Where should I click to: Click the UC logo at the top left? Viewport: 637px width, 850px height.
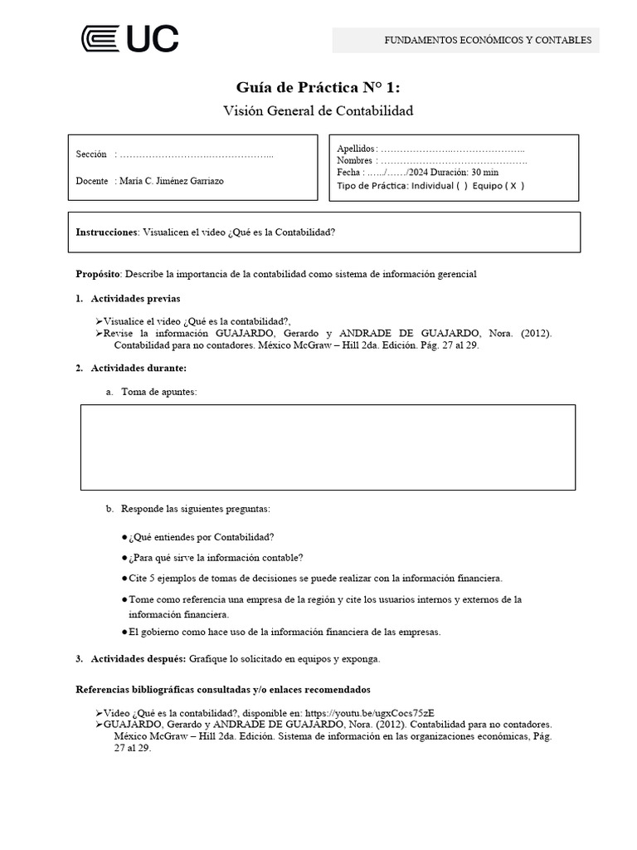pyautogui.click(x=129, y=39)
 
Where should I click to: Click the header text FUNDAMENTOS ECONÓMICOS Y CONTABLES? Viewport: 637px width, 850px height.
pyautogui.click(x=487, y=40)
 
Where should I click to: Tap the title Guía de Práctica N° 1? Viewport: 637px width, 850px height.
pyautogui.click(x=318, y=88)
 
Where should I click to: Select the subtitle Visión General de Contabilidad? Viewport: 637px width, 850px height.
pyautogui.click(x=318, y=110)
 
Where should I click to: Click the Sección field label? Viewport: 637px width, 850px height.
pyautogui.click(x=91, y=154)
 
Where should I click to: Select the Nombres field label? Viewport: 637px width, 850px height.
pyautogui.click(x=355, y=160)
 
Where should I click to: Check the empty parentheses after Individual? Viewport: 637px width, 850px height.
pyautogui.click(x=461, y=186)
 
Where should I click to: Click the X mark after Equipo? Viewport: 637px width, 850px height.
pyautogui.click(x=513, y=186)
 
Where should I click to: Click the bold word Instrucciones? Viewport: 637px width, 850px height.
pyautogui.click(x=107, y=232)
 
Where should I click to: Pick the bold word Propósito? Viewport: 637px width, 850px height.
pyautogui.click(x=98, y=274)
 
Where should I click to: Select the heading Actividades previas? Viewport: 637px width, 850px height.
pyautogui.click(x=135, y=299)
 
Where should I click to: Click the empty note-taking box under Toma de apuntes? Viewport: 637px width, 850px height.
pyautogui.click(x=328, y=447)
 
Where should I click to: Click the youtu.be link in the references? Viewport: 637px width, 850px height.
pyautogui.click(x=369, y=712)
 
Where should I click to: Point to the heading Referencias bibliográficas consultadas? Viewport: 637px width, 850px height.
pyautogui.click(x=222, y=689)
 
